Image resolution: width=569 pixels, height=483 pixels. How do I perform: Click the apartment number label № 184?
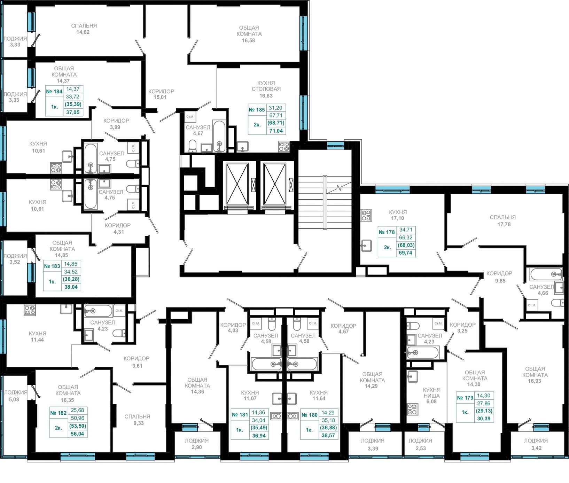[54, 92]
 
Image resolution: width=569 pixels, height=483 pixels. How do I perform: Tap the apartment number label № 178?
[387, 232]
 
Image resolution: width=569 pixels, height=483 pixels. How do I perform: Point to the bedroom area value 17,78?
[504, 224]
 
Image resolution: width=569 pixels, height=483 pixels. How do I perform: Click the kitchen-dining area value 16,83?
[266, 96]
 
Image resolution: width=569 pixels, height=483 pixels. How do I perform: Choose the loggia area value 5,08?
[14, 399]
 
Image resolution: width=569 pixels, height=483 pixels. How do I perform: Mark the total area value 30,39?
[484, 419]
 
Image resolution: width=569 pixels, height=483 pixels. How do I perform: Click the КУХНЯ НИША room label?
[432, 393]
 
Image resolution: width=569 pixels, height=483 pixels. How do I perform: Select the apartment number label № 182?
[58, 413]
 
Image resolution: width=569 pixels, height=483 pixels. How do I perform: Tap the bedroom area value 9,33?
[138, 423]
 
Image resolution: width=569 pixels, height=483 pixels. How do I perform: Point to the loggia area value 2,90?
[197, 447]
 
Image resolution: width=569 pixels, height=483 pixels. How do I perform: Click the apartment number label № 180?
[309, 415]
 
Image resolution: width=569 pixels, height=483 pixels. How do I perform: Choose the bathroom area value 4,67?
[198, 133]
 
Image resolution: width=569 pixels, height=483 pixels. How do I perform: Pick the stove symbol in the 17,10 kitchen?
[366, 216]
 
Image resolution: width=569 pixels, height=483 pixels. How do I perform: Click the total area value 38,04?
[71, 287]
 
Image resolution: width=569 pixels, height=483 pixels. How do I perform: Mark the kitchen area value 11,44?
[37, 340]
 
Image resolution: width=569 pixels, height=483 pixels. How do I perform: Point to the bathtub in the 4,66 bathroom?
[546, 274]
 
